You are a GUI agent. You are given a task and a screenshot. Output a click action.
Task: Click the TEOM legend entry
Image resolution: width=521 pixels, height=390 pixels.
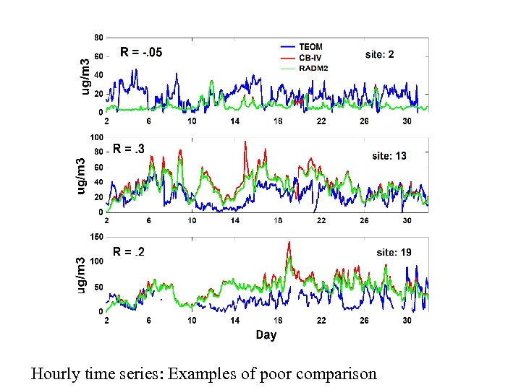310,47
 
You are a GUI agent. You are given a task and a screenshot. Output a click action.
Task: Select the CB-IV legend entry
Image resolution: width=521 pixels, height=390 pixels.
310,57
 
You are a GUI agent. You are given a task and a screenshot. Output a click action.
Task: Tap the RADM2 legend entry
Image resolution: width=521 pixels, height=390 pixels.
314,67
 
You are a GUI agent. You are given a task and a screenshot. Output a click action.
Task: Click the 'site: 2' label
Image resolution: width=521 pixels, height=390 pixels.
380,54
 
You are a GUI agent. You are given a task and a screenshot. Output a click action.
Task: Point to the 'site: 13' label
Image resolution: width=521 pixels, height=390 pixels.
389,155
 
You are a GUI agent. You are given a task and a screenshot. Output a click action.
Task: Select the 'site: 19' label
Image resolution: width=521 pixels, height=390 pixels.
394,252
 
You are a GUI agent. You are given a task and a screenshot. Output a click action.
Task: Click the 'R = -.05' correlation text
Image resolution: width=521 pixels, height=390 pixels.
141,51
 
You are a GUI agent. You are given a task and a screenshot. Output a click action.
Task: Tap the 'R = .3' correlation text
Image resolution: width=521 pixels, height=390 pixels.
129,149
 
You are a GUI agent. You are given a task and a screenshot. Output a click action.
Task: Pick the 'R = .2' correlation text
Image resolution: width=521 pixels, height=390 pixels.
129,251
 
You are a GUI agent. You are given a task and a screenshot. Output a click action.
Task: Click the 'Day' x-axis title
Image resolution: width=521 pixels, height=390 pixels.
266,335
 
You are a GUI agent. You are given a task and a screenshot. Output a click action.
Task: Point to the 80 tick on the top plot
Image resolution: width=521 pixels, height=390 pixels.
98,37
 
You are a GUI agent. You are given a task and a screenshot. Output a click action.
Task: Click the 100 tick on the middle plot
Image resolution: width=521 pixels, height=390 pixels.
96,137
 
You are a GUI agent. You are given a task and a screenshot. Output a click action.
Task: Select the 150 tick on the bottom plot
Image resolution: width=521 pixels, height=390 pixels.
96,237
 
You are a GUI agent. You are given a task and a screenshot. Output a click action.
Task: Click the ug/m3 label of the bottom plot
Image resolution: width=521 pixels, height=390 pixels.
82,275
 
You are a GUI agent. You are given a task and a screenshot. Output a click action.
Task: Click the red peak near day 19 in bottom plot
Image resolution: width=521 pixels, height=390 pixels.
289,243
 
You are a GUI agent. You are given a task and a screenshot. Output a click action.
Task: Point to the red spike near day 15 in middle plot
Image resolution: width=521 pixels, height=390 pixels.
245,142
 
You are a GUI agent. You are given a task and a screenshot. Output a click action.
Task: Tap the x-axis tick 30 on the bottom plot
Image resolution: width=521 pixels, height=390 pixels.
407,321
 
